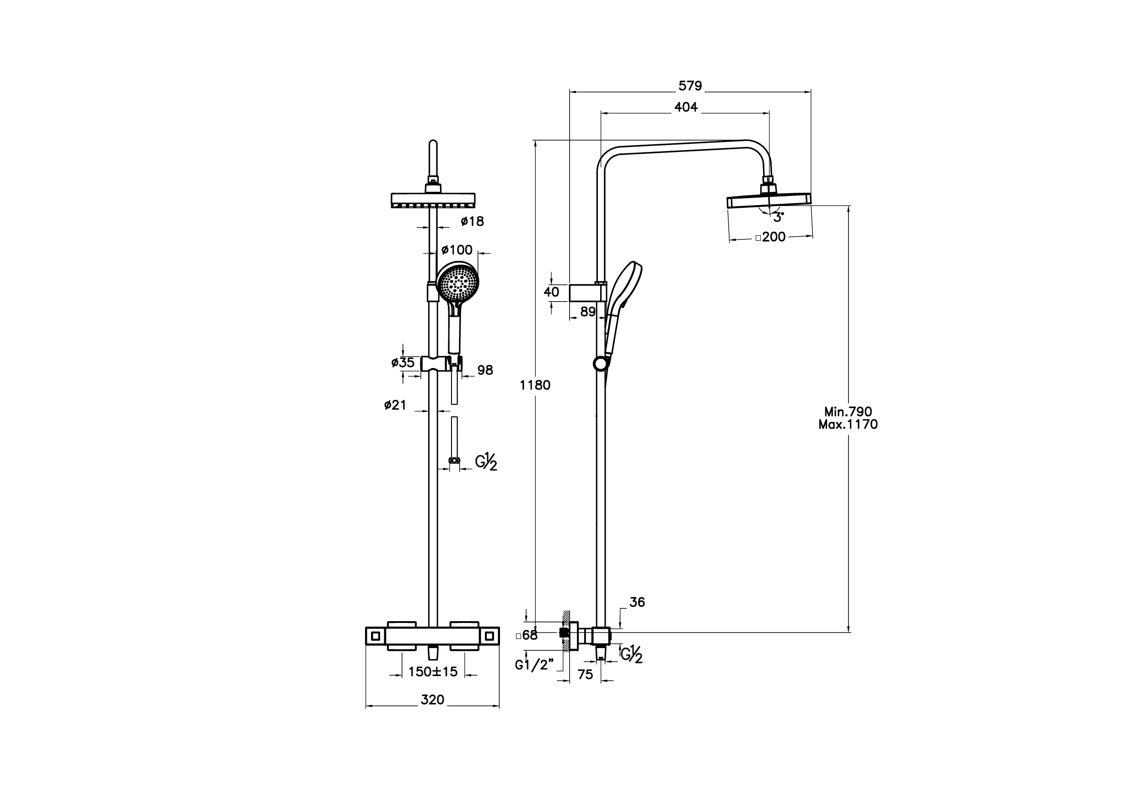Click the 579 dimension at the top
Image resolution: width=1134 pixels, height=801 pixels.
[689, 86]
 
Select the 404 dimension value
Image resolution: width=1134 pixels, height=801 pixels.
[686, 107]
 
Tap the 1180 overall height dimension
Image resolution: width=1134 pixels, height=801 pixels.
[534, 385]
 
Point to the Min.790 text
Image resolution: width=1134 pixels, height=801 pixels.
[848, 411]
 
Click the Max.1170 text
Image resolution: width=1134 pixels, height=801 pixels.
[848, 424]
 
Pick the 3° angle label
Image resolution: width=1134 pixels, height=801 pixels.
[779, 217]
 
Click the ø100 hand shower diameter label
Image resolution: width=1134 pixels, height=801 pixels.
[457, 249]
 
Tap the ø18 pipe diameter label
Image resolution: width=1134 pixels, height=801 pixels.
[472, 222]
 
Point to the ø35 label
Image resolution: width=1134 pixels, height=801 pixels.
[403, 363]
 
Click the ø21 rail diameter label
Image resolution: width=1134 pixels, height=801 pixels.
[395, 405]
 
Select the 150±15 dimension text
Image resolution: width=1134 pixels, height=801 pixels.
[433, 672]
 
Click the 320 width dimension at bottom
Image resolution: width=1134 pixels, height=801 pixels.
[432, 700]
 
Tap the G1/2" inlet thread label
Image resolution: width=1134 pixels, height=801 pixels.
[534, 665]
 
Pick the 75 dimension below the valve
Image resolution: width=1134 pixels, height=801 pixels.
[585, 675]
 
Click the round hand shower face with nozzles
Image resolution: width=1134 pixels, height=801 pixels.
[458, 283]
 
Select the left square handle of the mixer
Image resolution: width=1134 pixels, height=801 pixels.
[376, 636]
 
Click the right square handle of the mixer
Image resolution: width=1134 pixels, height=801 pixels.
[490, 636]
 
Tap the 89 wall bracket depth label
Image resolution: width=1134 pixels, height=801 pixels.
[588, 312]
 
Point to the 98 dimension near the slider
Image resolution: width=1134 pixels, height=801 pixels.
[485, 370]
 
